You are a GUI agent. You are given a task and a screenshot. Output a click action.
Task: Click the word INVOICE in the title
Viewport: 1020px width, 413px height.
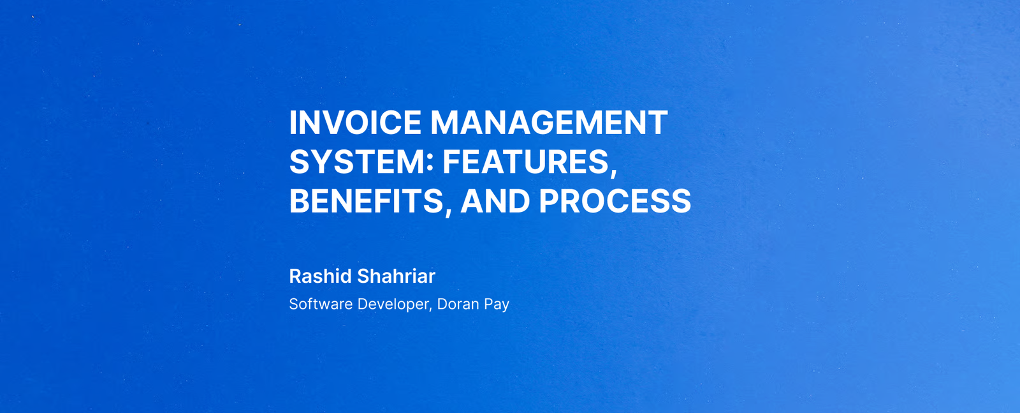click(x=355, y=123)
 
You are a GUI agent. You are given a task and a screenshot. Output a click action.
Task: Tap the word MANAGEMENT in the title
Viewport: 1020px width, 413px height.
click(x=549, y=123)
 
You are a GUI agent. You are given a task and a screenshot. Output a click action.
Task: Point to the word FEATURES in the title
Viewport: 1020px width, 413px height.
click(x=526, y=162)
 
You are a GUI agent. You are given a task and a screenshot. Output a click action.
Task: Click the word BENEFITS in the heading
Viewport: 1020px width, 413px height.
click(x=366, y=201)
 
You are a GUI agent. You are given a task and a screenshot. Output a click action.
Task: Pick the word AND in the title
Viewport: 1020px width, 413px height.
click(x=495, y=201)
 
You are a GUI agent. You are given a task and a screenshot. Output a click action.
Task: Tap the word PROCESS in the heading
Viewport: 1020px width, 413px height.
click(x=615, y=201)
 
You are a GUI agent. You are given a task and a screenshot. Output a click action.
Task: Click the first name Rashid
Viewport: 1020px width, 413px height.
click(x=321, y=276)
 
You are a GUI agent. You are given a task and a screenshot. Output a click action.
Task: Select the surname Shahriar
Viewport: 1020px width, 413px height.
click(x=396, y=276)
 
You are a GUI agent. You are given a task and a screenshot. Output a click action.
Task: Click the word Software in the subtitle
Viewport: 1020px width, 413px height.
click(x=321, y=304)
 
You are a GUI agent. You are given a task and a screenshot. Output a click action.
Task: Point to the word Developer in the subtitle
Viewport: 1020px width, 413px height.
click(x=393, y=304)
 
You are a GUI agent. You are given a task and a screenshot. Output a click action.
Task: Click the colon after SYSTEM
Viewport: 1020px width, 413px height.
click(x=430, y=163)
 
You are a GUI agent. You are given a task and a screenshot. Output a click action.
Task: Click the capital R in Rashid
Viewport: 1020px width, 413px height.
click(x=296, y=276)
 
